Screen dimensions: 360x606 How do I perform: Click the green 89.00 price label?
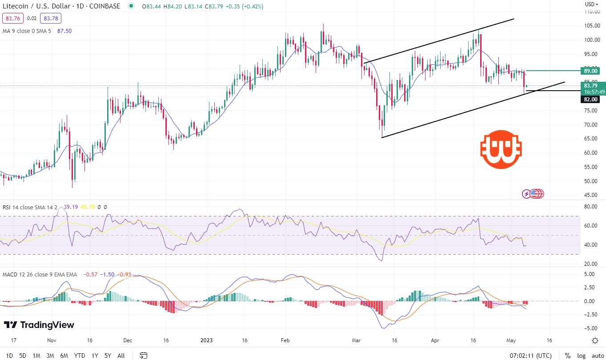pyautogui.click(x=590, y=71)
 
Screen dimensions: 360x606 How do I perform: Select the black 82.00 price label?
pyautogui.click(x=590, y=99)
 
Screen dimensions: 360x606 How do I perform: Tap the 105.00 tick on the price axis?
pyautogui.click(x=590, y=26)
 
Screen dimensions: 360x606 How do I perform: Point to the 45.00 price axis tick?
pyautogui.click(x=590, y=195)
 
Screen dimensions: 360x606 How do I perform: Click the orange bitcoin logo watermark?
pyautogui.click(x=501, y=149)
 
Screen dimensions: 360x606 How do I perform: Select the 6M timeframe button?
pyautogui.click(x=64, y=356)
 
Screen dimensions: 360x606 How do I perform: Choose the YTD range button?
pyautogui.click(x=80, y=356)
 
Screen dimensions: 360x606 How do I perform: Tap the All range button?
pyautogui.click(x=121, y=356)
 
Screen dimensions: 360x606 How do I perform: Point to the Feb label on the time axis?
pyautogui.click(x=285, y=340)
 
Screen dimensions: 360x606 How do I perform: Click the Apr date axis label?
pyautogui.click(x=435, y=340)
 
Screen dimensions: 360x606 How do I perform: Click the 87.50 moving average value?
pyautogui.click(x=64, y=31)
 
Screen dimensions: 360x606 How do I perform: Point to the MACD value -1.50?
pyautogui.click(x=108, y=275)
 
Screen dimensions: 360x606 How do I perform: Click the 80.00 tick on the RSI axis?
pyautogui.click(x=590, y=207)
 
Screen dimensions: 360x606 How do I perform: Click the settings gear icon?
pyautogui.click(x=595, y=340)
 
